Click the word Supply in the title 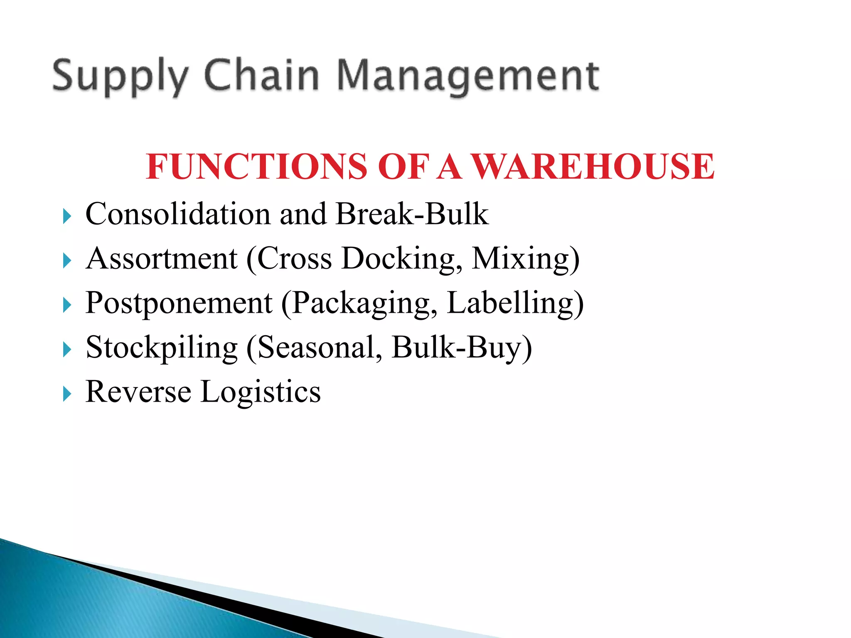point(121,77)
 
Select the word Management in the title point(467,77)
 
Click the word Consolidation point(178,214)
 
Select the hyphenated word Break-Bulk point(412,214)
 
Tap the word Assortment point(162,258)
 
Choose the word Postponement point(179,304)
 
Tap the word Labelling point(510,304)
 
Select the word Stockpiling point(162,348)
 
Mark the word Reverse point(138,392)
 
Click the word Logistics point(261,393)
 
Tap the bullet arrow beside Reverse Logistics point(67,394)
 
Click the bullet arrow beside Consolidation point(67,216)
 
